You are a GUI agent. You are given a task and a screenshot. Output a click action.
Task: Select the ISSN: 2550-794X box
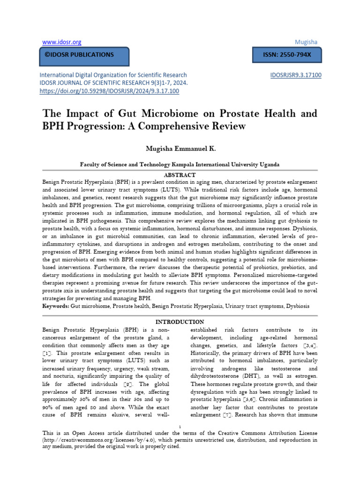(x=284, y=55)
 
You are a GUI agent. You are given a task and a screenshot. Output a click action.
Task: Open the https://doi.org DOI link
(x=109, y=90)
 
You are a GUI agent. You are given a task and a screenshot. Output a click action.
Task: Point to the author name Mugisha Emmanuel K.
(x=180, y=148)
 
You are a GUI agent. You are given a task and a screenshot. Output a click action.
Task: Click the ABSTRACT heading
(x=180, y=174)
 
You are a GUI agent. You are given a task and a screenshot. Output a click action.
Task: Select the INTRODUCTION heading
(x=180, y=322)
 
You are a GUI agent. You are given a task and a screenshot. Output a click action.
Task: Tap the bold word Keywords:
(x=56, y=306)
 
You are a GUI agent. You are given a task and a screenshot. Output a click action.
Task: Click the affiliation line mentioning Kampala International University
(x=180, y=165)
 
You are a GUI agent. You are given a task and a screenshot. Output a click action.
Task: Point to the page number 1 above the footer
(x=180, y=426)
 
